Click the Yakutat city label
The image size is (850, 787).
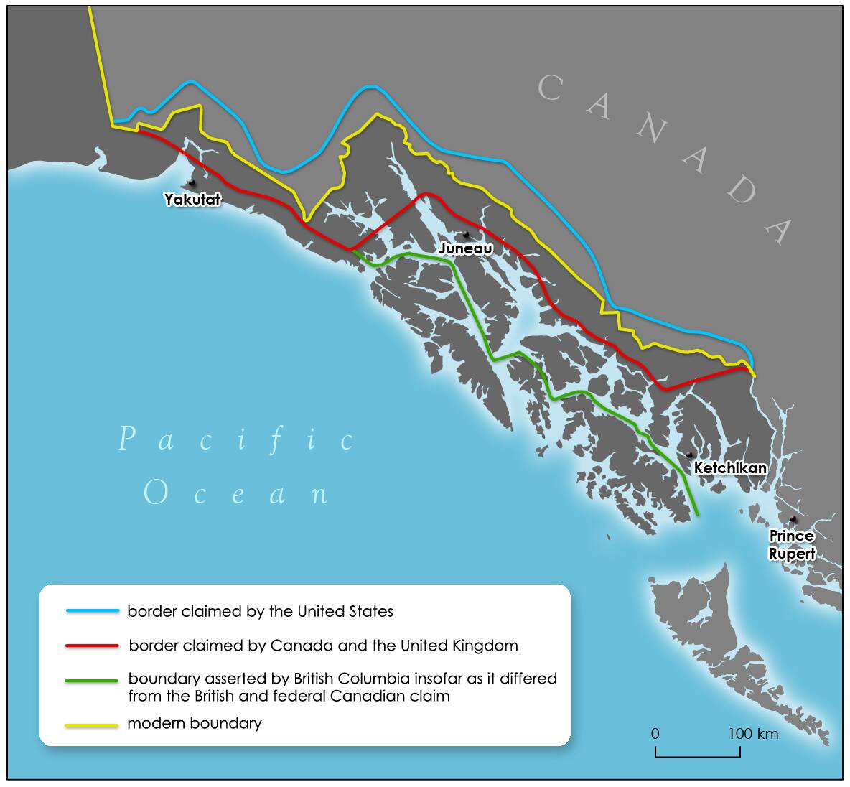(192, 200)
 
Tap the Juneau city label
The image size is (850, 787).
(465, 248)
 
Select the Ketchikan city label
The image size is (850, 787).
(730, 468)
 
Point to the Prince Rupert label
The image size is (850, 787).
(792, 544)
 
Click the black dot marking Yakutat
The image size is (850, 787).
(191, 184)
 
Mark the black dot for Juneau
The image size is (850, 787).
(466, 235)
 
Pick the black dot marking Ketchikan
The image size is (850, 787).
(689, 455)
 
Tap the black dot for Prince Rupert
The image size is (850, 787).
(793, 519)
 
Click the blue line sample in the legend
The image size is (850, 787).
(92, 611)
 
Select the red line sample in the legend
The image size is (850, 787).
(92, 646)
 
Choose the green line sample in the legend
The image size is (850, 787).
(92, 680)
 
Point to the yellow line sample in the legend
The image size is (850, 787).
(92, 725)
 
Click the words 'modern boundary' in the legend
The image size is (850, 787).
(194, 723)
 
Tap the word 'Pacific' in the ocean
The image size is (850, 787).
(237, 439)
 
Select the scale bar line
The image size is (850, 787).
(697, 755)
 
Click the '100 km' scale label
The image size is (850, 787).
(753, 734)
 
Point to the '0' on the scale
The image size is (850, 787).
(655, 734)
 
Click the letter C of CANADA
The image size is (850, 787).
(549, 89)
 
